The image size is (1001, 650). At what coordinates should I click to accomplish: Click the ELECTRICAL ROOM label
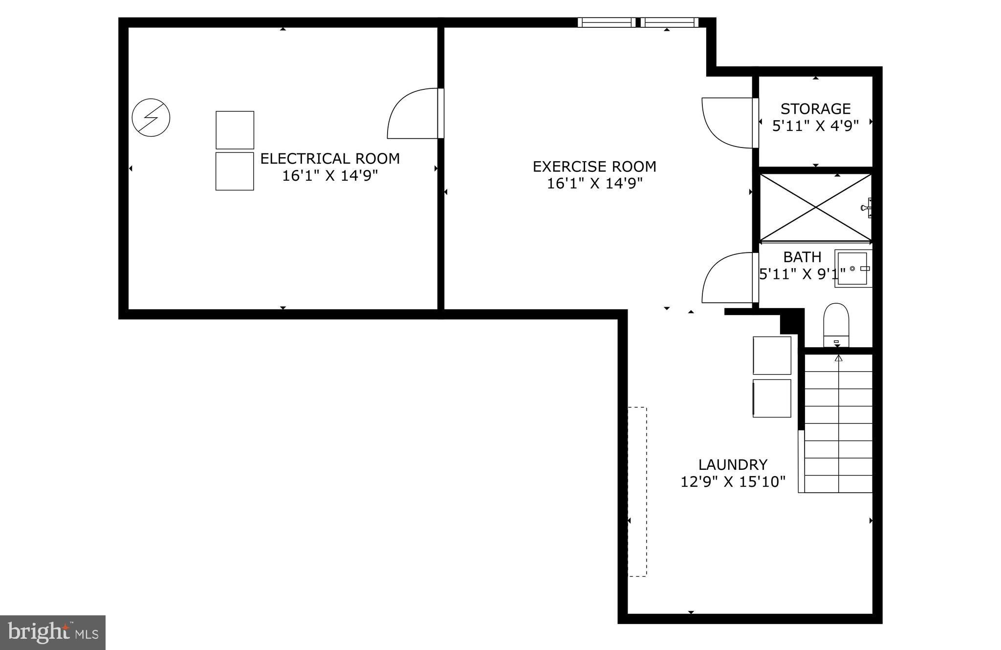point(330,158)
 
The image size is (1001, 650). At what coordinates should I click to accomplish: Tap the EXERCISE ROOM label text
point(594,167)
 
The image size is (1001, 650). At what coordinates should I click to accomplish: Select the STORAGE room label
point(815,108)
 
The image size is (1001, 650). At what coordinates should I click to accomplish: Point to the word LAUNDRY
point(733,464)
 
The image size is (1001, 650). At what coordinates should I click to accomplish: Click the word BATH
point(802,257)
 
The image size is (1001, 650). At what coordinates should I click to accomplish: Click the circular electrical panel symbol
point(151,118)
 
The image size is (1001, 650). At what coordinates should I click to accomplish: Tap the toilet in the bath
point(836,325)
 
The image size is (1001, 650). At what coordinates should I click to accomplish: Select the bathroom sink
point(853,269)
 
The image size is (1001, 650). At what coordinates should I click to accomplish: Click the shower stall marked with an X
point(816,208)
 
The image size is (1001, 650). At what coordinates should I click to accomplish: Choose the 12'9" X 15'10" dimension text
point(733,482)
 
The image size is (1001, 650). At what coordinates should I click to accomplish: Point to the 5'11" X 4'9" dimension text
point(815,126)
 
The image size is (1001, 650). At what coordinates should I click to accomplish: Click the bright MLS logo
point(53,632)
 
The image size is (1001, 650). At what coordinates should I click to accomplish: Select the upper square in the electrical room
point(235,130)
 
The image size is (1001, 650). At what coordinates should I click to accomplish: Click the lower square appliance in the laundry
point(772,398)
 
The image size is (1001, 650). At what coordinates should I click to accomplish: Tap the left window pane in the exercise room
point(607,22)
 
